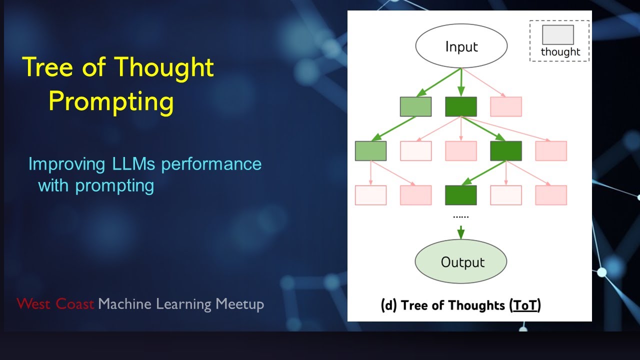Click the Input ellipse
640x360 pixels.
tap(461, 47)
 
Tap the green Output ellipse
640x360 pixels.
tap(461, 262)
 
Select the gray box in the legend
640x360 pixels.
tap(557, 35)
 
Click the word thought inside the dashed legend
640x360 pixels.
tap(560, 52)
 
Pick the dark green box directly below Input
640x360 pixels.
tap(461, 106)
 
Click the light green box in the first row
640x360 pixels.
tap(415, 106)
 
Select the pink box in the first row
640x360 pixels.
tap(506, 106)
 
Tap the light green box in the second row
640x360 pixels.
tap(370, 151)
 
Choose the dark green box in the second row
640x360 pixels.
tap(506, 151)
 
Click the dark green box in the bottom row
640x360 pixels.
tap(461, 195)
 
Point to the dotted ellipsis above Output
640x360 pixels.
tap(461, 216)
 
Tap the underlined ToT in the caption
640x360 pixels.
tap(525, 305)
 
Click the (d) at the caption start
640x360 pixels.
tap(389, 305)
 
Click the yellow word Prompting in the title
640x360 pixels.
tap(111, 101)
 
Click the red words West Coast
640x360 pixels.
tap(55, 303)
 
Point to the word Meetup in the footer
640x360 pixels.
tap(239, 303)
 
